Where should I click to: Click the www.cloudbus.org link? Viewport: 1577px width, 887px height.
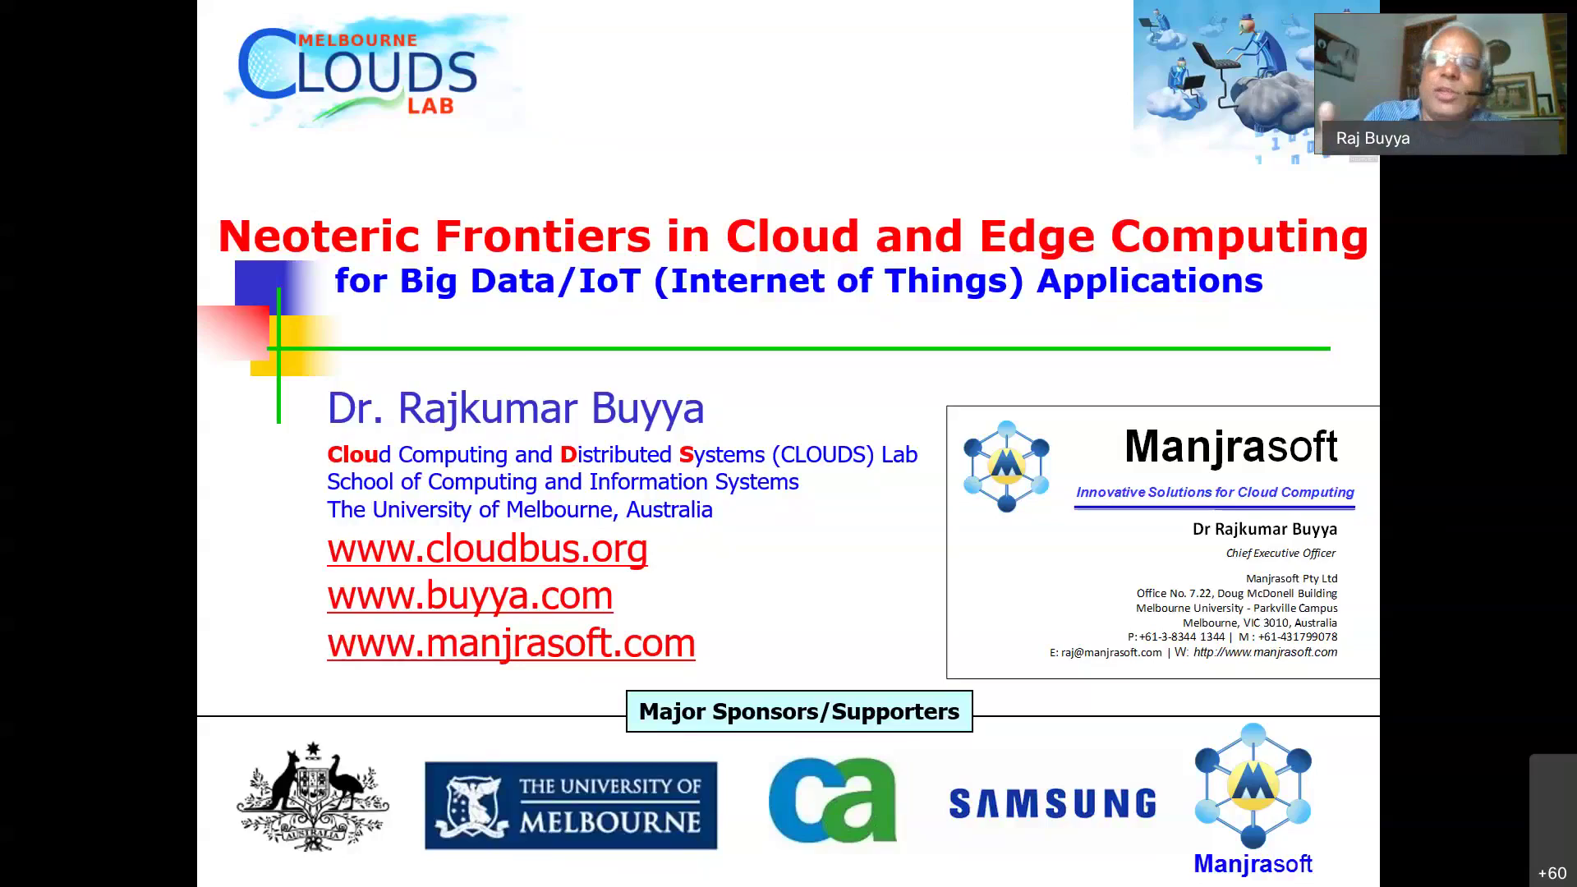pos(487,549)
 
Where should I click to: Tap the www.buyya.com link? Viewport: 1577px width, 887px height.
pos(470,595)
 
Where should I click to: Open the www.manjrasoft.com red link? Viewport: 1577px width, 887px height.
pos(511,642)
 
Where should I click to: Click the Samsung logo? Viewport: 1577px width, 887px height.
pos(1052,803)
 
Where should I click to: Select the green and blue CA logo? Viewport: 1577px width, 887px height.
pos(832,800)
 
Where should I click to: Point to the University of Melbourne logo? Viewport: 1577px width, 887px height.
pos(571,805)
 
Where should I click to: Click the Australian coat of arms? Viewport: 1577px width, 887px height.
pos(313,797)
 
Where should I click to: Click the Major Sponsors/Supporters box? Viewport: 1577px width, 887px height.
pos(799,711)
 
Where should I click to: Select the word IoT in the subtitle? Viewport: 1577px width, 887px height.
pos(609,281)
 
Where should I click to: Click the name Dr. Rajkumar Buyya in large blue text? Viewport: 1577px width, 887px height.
pos(516,408)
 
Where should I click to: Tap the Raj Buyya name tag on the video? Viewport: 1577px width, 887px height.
pos(1372,138)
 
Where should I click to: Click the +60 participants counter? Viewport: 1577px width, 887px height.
pos(1552,873)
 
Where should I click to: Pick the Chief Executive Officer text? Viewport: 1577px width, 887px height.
pos(1280,553)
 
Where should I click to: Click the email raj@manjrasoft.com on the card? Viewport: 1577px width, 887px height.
pos(1111,652)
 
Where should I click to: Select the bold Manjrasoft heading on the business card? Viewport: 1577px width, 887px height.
pos(1231,446)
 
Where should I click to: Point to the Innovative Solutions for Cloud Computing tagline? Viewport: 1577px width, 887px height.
pos(1215,492)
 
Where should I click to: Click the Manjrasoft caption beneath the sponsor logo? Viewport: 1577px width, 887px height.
pos(1253,864)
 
